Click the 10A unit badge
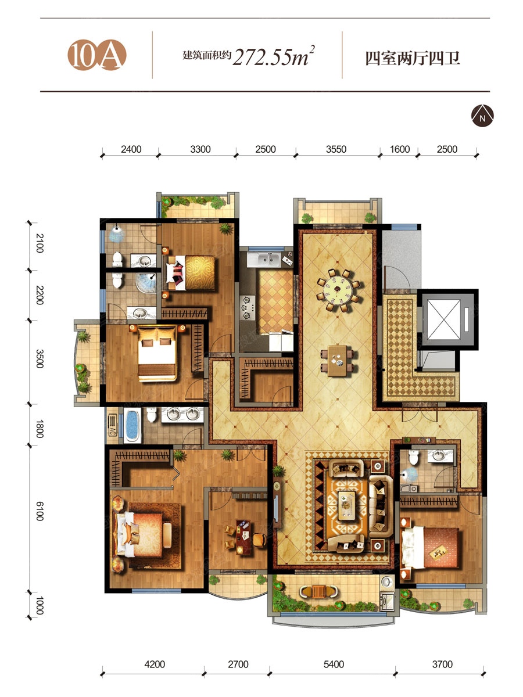pos(97,55)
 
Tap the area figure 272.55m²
pos(274,56)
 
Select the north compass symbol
pos(482,116)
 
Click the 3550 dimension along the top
pos(336,149)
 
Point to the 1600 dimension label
pos(399,149)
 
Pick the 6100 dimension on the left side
pos(40,511)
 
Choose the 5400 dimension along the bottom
pos(334,664)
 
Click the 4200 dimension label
pos(155,664)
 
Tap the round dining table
pos(338,290)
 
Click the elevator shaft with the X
pos(443,319)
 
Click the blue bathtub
pos(132,426)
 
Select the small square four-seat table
pos(338,361)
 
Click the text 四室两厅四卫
pos(412,59)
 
